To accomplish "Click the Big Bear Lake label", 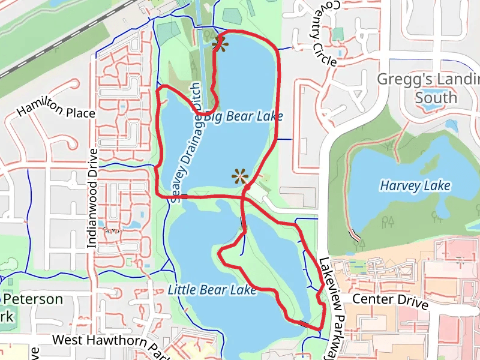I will tap(243, 116).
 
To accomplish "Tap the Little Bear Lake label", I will tap(212, 290).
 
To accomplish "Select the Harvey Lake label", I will tap(415, 186).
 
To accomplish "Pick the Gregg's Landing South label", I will tap(428, 88).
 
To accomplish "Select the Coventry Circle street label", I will tap(324, 30).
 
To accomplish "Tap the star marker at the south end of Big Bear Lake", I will tap(240, 176).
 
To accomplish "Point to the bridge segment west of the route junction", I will tap(184, 196).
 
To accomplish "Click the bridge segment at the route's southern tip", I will tap(305, 325).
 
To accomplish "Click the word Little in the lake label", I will tap(181, 290).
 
